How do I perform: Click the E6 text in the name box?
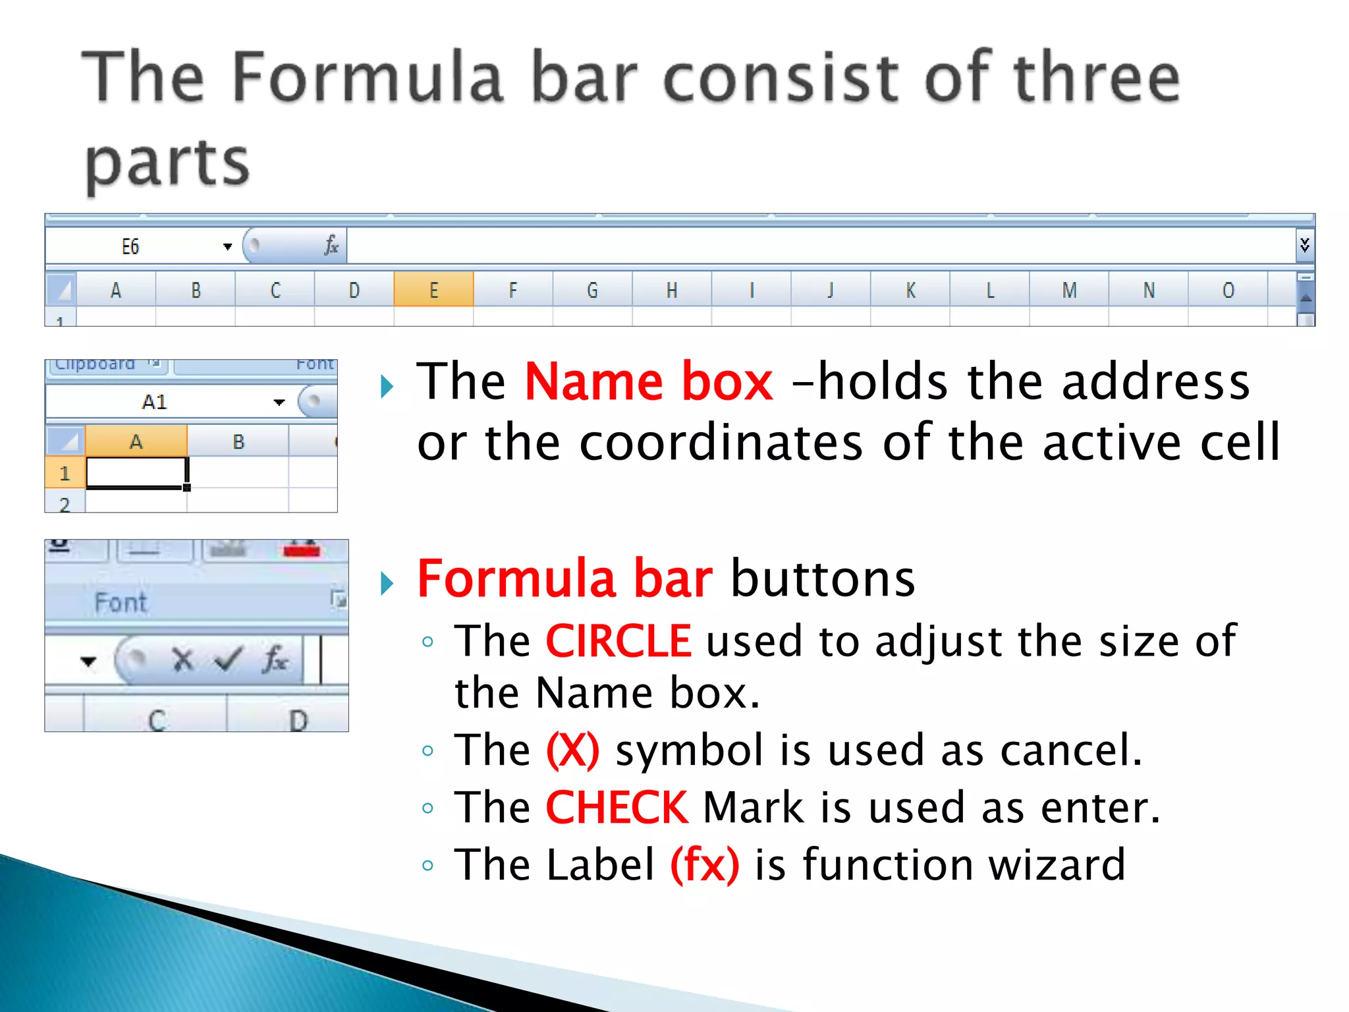pos(130,247)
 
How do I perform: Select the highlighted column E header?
pos(433,290)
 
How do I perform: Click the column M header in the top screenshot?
pos(1069,290)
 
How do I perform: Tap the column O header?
pos(1228,290)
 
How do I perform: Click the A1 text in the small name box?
pos(155,402)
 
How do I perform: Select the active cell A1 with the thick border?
pos(136,473)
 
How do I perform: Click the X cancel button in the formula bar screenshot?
pos(182,660)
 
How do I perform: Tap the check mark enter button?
pos(229,660)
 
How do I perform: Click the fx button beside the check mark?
pos(275,660)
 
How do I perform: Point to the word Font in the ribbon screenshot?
pos(121,602)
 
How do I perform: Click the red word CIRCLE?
pos(619,641)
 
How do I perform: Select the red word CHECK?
pos(617,808)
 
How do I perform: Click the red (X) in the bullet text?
pos(572,750)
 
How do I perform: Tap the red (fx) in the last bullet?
pos(704,865)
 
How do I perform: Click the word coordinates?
pos(721,442)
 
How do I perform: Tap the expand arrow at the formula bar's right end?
pos(1304,246)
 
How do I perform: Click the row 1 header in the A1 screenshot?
pos(65,473)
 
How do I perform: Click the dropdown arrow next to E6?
pos(227,247)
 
